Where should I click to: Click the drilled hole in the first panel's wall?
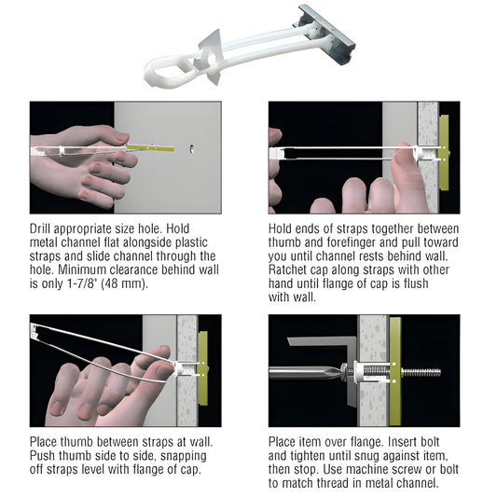pos(192,149)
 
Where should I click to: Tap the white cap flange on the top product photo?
pos(210,58)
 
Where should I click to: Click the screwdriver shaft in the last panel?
pos(305,373)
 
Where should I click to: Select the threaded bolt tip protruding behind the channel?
pos(421,373)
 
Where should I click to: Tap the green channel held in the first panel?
pos(149,147)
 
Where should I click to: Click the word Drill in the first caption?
pos(41,228)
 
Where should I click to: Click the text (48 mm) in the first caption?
pos(125,283)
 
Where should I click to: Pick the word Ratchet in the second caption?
pos(288,269)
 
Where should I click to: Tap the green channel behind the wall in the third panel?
pos(203,368)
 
